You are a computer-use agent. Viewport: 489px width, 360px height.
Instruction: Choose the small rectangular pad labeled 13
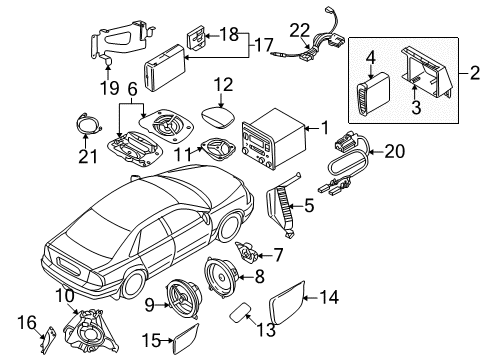(235, 317)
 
